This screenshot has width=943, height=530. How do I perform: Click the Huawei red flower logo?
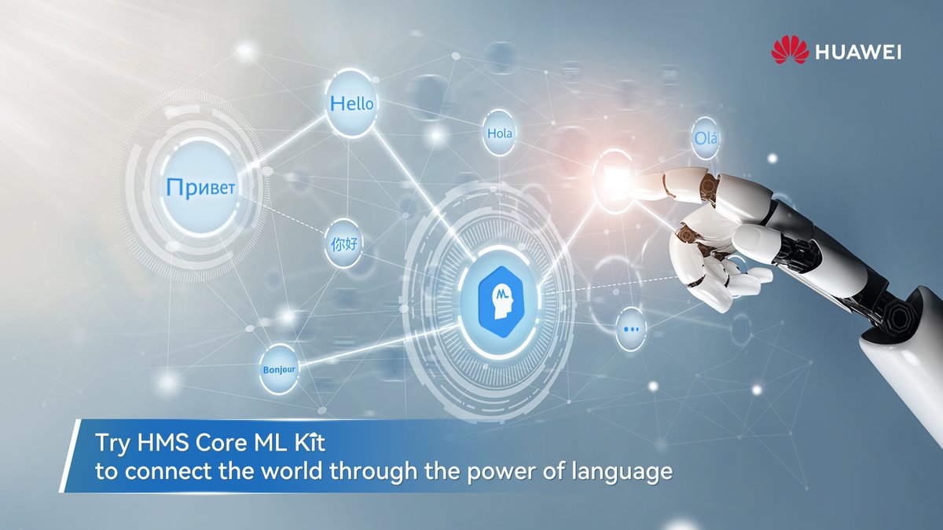[x=790, y=52]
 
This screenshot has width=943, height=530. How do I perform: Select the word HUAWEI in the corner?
[x=858, y=53]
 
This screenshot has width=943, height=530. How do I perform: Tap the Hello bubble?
[x=351, y=104]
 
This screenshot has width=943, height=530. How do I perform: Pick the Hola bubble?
[x=500, y=133]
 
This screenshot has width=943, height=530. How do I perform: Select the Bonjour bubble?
[x=279, y=368]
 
